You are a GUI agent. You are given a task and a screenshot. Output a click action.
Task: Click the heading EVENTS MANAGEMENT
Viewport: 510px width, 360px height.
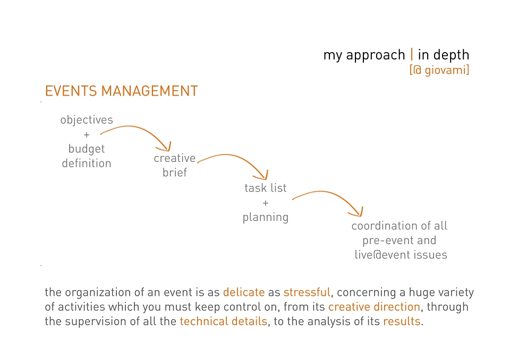click(121, 91)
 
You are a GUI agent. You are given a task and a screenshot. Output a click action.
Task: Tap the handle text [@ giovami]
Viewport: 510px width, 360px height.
click(439, 70)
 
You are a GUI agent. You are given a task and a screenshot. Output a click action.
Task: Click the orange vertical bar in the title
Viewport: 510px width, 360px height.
click(412, 54)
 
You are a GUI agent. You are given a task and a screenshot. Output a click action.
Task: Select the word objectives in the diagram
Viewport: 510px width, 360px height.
click(87, 120)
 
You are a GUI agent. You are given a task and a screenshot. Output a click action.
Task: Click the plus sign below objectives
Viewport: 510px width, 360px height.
click(87, 135)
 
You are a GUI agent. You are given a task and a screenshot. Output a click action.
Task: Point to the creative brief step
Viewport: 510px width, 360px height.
click(175, 165)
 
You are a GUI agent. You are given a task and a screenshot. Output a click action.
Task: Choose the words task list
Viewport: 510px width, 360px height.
click(266, 187)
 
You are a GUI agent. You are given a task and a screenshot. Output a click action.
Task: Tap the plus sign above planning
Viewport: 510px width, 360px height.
click(266, 203)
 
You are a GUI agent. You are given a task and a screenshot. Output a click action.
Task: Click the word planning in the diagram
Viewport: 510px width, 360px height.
click(266, 217)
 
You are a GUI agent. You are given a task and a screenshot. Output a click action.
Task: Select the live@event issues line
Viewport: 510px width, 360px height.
click(401, 255)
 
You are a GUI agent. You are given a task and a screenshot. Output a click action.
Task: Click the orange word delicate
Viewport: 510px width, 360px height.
click(244, 292)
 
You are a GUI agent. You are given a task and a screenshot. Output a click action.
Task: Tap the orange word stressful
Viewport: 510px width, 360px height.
click(307, 292)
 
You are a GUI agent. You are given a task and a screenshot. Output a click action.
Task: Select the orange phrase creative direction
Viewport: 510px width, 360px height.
click(374, 307)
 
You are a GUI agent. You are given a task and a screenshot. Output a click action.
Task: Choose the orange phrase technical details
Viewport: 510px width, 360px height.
click(224, 321)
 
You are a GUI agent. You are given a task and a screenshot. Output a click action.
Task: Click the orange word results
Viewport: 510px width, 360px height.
click(402, 321)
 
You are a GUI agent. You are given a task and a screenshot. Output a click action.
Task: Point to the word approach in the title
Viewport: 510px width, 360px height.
click(376, 55)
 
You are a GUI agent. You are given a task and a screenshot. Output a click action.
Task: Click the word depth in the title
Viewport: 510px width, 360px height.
click(452, 55)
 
